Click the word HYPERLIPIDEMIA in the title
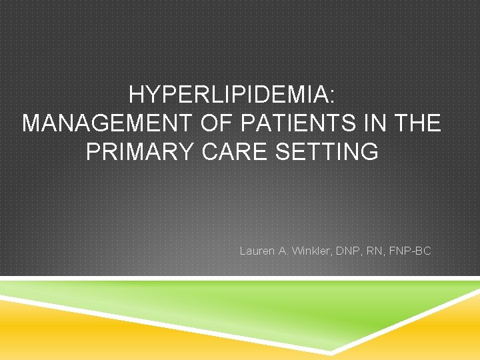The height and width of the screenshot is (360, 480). coord(229,95)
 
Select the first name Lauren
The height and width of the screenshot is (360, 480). coord(257,251)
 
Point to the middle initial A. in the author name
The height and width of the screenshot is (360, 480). coord(283,251)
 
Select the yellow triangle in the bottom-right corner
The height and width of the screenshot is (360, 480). coord(447,333)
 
